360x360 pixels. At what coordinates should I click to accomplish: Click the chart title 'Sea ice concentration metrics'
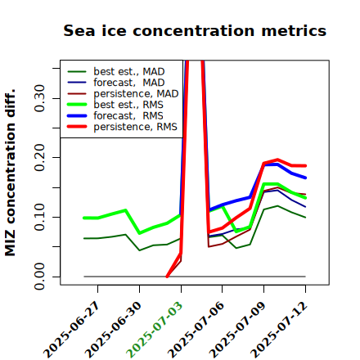point(195,31)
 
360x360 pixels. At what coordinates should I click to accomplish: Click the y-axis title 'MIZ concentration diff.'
point(10,173)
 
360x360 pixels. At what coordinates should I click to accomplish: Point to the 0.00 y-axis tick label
point(39,277)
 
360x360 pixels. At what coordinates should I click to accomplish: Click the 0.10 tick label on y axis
point(39,217)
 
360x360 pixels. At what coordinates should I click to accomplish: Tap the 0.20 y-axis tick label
point(39,158)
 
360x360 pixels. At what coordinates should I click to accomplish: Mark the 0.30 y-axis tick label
point(39,98)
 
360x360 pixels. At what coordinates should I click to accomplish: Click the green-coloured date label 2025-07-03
point(155,330)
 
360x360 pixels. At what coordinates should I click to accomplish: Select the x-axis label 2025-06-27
point(71,330)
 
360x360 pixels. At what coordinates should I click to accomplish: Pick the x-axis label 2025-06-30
point(113,330)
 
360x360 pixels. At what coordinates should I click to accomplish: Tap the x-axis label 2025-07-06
point(196,330)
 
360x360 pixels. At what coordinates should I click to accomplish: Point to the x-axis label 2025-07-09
point(237,330)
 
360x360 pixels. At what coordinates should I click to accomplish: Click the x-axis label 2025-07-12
point(279,330)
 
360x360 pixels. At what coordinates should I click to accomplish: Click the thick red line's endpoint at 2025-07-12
point(305,165)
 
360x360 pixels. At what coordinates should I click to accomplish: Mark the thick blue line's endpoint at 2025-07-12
point(305,178)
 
